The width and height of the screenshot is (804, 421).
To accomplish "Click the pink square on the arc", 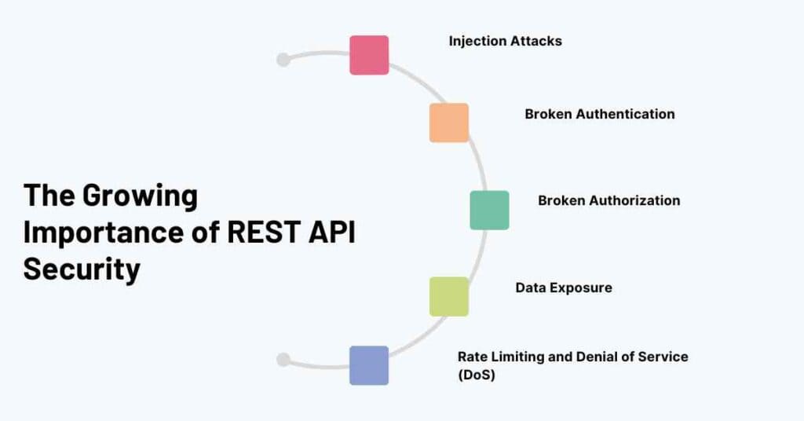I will click(x=369, y=55).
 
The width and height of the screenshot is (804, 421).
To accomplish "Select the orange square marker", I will click(x=449, y=123).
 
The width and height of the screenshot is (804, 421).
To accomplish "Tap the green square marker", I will click(x=489, y=210).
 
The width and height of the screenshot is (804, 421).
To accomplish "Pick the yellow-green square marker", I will click(x=449, y=296).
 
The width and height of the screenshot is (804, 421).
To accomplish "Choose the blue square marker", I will click(x=369, y=365).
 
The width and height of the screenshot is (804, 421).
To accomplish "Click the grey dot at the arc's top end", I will click(x=283, y=60).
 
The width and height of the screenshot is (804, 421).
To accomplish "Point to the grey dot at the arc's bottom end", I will click(x=283, y=360).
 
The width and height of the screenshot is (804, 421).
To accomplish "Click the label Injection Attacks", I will click(x=505, y=41).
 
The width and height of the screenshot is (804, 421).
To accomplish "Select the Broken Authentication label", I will click(x=599, y=114).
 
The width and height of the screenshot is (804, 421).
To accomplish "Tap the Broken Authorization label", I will click(x=608, y=200).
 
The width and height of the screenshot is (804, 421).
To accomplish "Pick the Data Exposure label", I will click(x=563, y=287).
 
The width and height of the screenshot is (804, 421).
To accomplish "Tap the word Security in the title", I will click(x=82, y=269).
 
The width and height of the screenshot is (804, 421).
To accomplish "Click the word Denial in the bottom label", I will click(x=591, y=357).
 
